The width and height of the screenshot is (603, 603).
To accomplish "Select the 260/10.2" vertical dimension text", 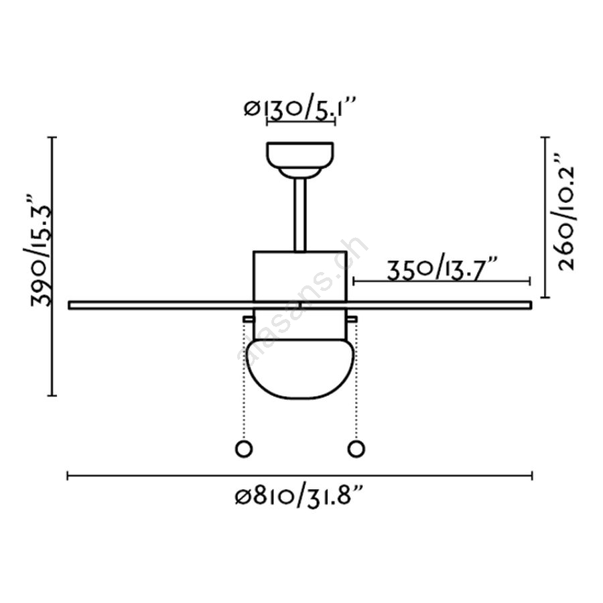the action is click(x=565, y=212).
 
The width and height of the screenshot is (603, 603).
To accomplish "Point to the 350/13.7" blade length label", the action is click(x=442, y=271).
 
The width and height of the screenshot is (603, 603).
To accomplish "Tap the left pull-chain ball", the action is click(x=244, y=449).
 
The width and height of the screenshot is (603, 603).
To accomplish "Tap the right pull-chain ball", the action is click(x=356, y=449).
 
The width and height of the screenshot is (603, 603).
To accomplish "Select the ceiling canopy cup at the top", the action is click(x=300, y=159).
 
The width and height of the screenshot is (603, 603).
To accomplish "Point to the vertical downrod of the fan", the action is click(x=300, y=214).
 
